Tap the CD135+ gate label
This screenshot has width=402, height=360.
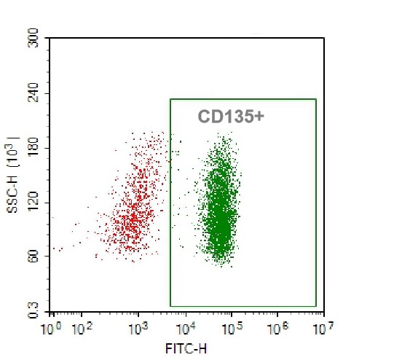[230, 117]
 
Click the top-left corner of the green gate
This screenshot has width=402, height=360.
[170, 99]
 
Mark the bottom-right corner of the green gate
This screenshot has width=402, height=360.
[316, 306]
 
